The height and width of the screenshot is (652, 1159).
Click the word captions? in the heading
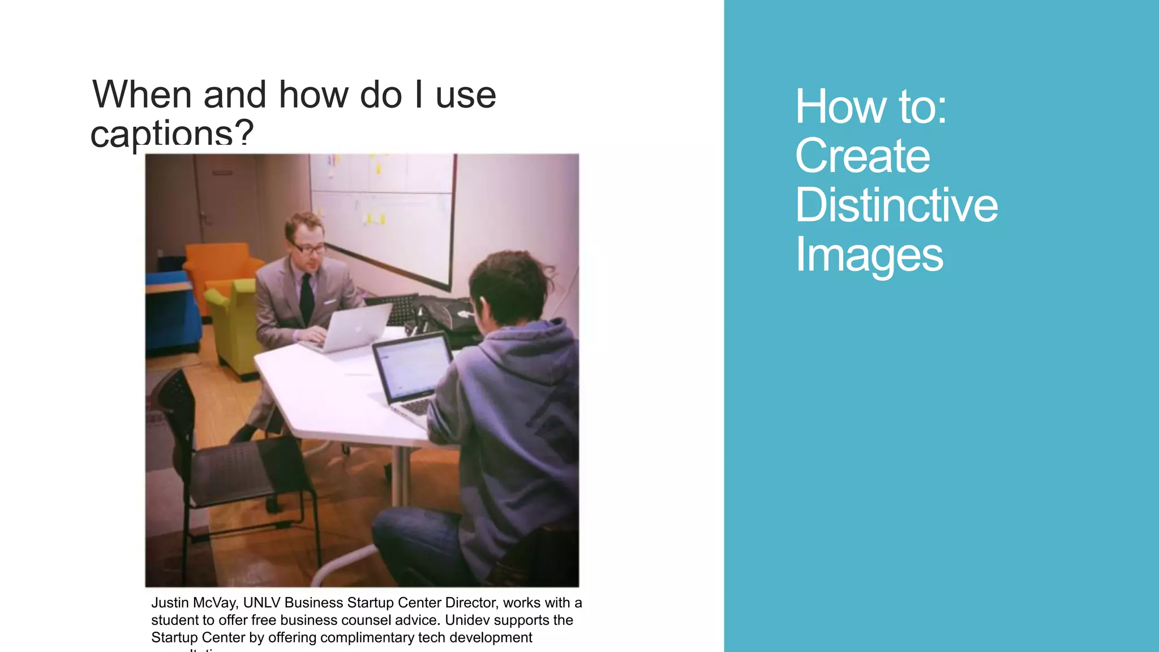pos(172,134)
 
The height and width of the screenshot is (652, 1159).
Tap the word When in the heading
pos(142,95)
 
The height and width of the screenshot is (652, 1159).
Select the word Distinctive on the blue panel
pos(896,205)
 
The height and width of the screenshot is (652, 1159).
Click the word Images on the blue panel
pos(869,255)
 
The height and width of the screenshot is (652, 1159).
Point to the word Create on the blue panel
pos(862,156)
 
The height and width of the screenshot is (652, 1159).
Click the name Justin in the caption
pos(169,603)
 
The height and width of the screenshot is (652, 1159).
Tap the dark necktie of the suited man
pos(306,297)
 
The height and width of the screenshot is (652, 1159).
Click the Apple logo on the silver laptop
pos(357,328)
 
